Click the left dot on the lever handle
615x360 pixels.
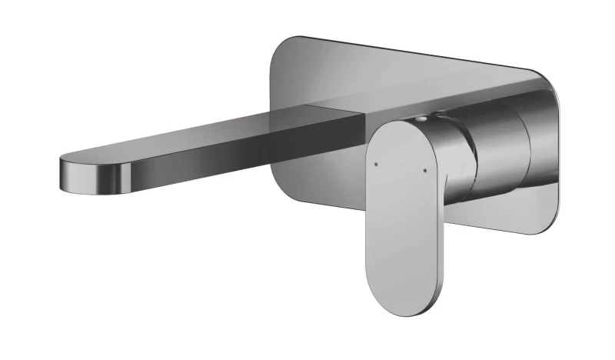pyautogui.click(x=375, y=163)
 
